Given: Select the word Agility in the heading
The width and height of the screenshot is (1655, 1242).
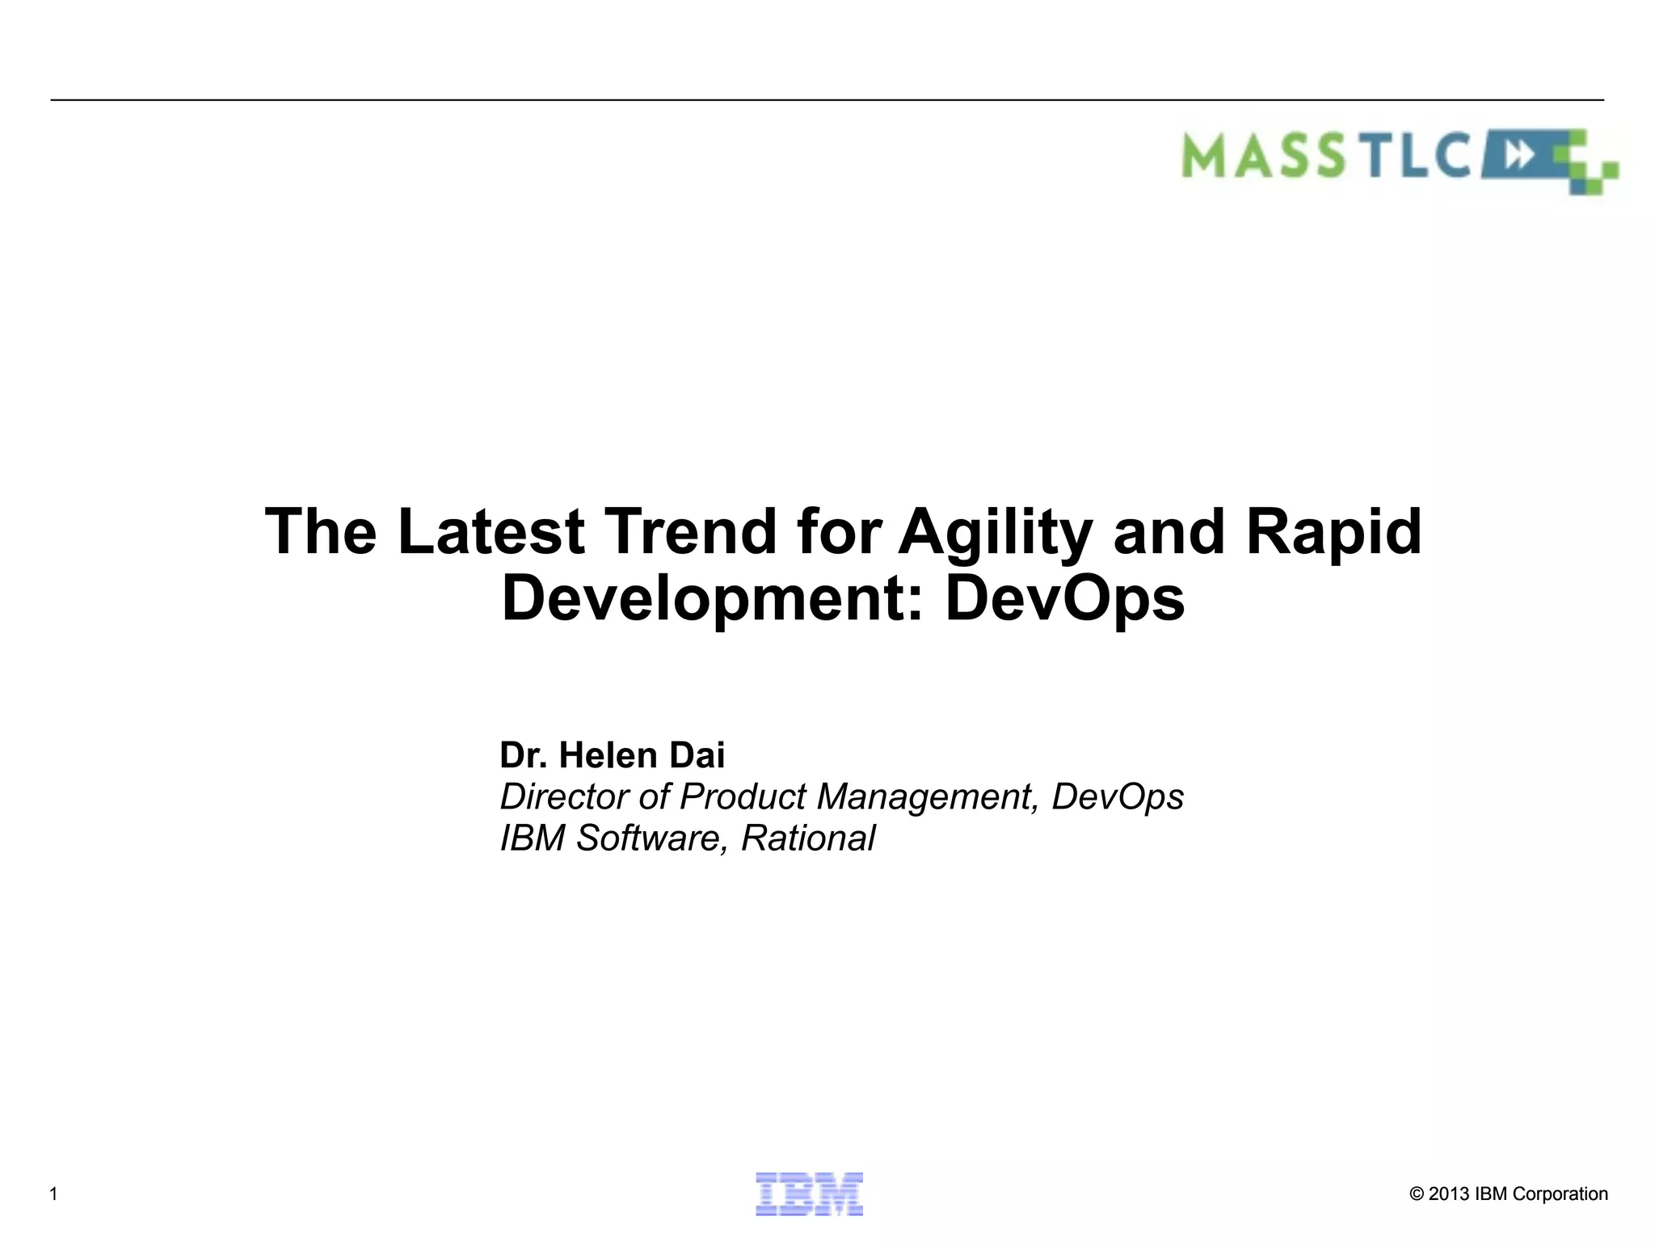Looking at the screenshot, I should [995, 534].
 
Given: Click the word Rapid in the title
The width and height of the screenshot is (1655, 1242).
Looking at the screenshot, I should [1333, 534].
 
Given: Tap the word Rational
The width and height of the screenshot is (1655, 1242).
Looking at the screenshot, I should [807, 839].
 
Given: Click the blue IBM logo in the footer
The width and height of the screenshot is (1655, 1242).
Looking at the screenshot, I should [809, 1193].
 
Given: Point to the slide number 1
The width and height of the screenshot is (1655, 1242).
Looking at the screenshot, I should [53, 1194].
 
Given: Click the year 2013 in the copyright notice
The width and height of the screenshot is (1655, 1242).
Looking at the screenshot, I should [1449, 1194].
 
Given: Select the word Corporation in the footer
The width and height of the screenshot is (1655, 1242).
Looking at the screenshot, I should [1560, 1194].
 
